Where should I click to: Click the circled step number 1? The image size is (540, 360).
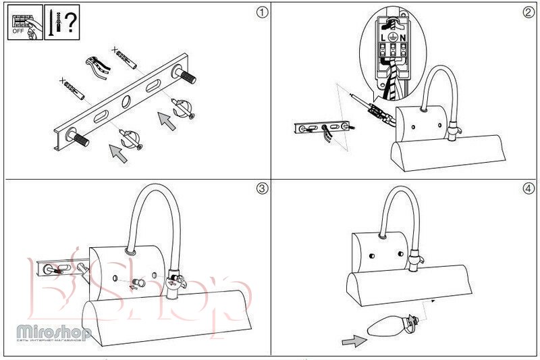[261, 13]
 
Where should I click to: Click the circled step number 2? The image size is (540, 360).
[529, 13]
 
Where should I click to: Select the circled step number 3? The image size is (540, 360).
[261, 188]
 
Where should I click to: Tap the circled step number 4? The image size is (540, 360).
[529, 188]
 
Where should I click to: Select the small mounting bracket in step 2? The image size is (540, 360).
[323, 127]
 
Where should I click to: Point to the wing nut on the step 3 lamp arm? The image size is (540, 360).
[175, 279]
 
